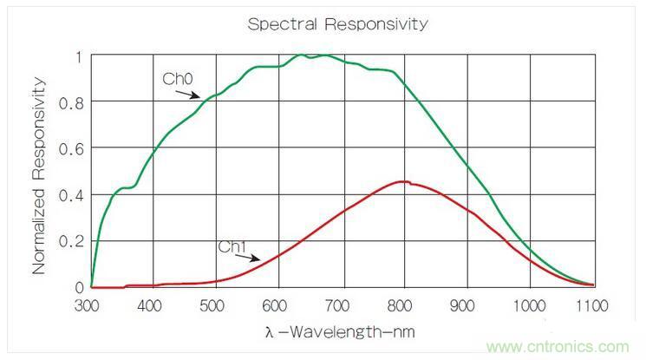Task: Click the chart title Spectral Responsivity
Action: coord(337,23)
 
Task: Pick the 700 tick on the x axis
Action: coord(342,306)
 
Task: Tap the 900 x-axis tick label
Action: coord(468,306)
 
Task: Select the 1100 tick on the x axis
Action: coord(593,306)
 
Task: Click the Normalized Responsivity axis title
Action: coord(39,174)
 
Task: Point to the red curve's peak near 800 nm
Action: coord(404,181)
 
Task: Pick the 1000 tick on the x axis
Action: coord(531,306)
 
